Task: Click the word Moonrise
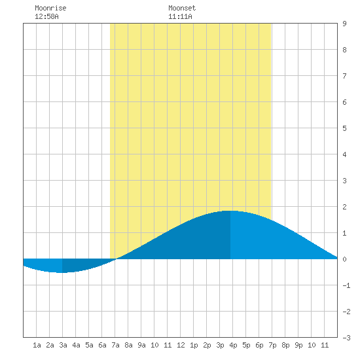(x=50, y=8)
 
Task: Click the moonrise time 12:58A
(x=46, y=16)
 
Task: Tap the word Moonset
(x=182, y=8)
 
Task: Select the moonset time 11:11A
(x=180, y=16)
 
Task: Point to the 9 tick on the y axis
(x=344, y=24)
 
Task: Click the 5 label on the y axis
(x=344, y=128)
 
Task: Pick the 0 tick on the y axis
(x=344, y=259)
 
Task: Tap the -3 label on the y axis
(x=346, y=338)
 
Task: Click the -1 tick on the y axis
(x=346, y=285)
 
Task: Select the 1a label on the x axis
(x=37, y=345)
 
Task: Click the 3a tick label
(x=63, y=345)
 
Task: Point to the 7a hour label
(x=115, y=345)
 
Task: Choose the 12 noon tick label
(x=181, y=345)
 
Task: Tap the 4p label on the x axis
(x=233, y=345)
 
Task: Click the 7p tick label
(x=272, y=345)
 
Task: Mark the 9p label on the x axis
(x=298, y=345)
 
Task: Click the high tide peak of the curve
(x=230, y=211)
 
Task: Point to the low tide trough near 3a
(x=62, y=272)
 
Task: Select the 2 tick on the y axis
(x=344, y=207)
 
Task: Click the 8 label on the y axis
(x=344, y=50)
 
